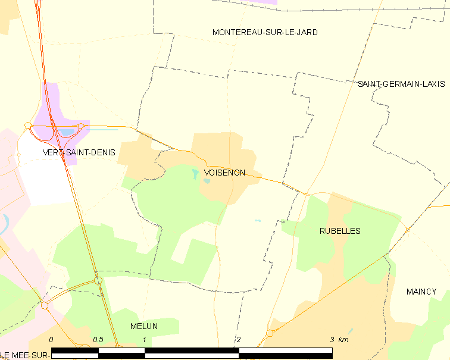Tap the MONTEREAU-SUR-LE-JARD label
click(265, 32)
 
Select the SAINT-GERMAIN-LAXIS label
click(401, 84)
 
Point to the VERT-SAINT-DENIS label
click(79, 152)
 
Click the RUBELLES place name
click(339, 231)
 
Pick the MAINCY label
click(421, 292)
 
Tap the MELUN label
click(144, 326)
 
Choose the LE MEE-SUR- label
click(24, 355)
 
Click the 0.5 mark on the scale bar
click(98, 340)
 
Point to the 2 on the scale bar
click(239, 340)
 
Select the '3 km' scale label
click(339, 340)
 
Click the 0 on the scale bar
click(51, 340)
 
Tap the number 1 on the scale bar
click(145, 340)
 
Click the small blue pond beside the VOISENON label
click(196, 174)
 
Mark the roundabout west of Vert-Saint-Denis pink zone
click(28, 125)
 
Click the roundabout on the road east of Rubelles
click(407, 230)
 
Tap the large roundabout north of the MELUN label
click(98, 280)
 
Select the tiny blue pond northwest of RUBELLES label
click(257, 221)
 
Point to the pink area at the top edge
click(262, 2)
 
